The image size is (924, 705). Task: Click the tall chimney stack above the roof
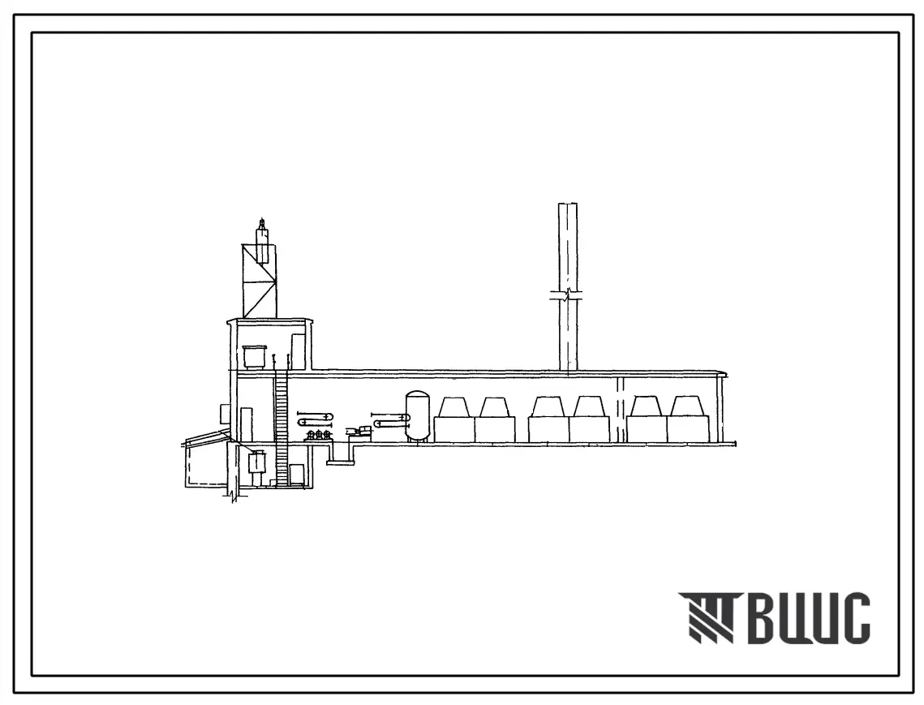click(568, 288)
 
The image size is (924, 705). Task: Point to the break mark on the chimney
click(567, 295)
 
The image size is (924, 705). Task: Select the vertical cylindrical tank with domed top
click(418, 416)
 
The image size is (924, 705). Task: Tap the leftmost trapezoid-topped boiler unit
click(454, 419)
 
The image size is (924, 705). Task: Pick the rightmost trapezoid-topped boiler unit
click(687, 419)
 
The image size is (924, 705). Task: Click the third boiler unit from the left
click(548, 419)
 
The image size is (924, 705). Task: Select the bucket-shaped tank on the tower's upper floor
click(254, 357)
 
